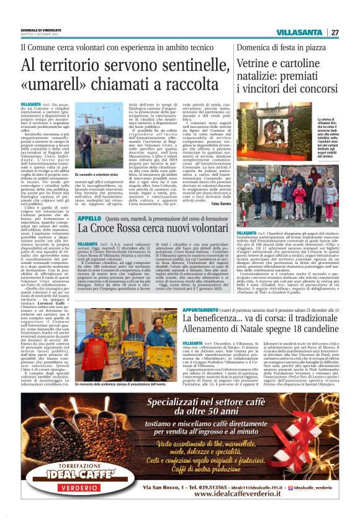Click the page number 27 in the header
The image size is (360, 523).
coord(335,32)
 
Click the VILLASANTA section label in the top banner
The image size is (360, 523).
coord(300,32)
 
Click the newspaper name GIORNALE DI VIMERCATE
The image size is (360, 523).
coord(38,30)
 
